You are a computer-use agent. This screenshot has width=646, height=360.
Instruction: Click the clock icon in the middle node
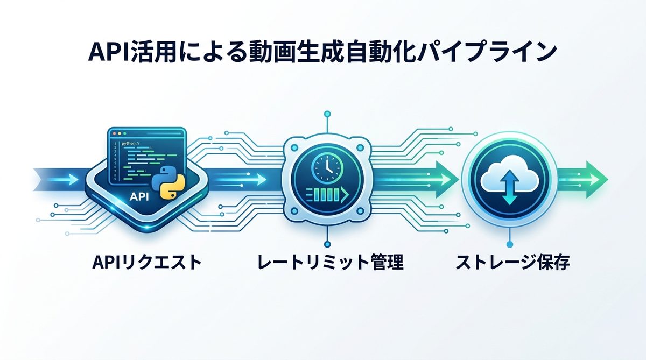coord(326,168)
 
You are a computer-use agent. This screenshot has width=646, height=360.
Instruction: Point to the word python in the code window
coord(130,144)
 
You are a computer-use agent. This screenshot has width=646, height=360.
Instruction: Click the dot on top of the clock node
coord(326,114)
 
